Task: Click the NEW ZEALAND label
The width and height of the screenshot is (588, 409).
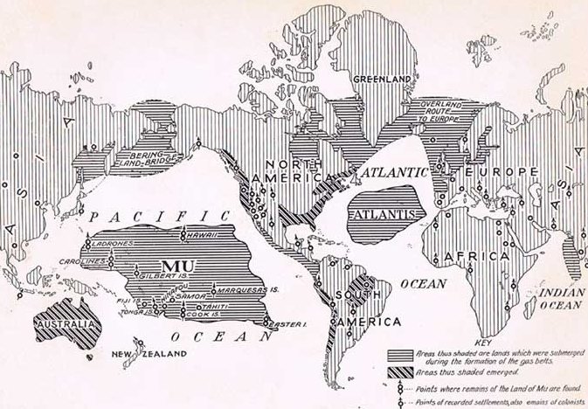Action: [x=155, y=354]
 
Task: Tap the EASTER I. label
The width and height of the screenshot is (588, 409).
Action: [x=288, y=326]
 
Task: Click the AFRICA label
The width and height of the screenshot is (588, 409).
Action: [x=476, y=257]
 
